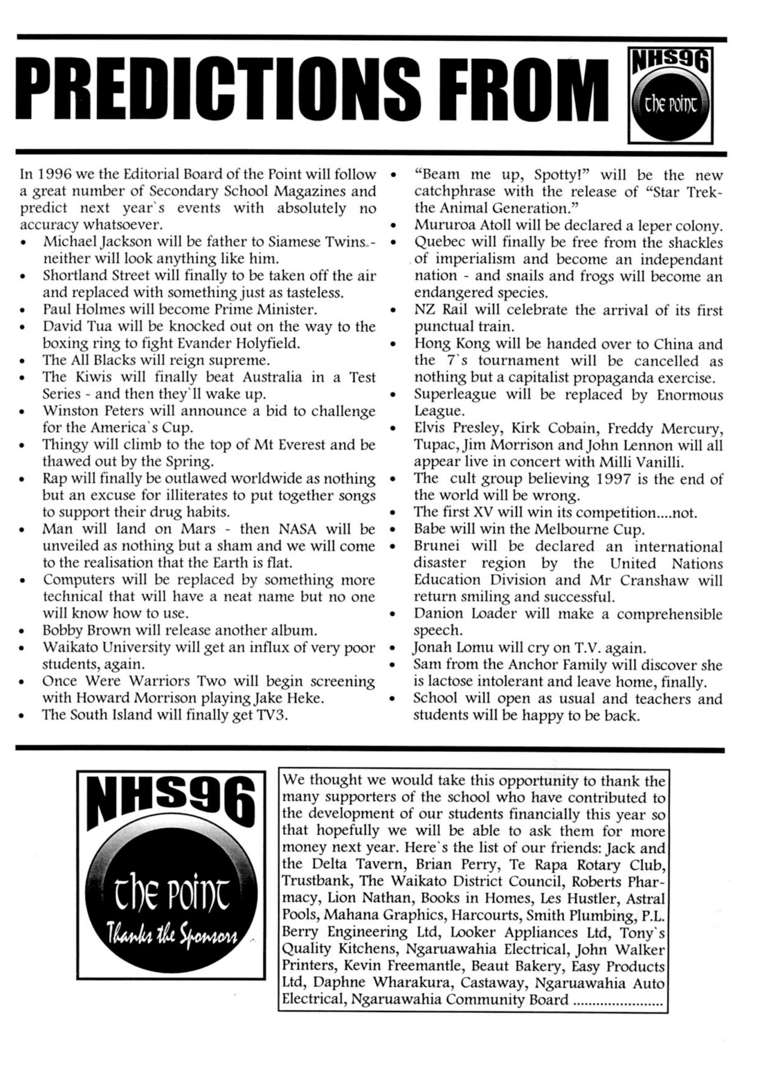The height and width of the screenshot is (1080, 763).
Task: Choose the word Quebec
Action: (436, 242)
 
